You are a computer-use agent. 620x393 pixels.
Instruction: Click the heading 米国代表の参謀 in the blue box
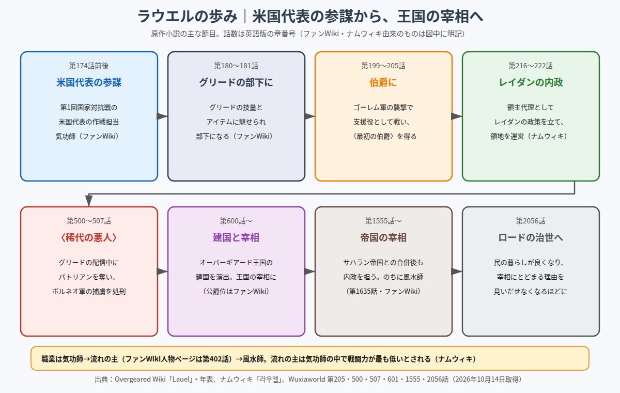(89, 82)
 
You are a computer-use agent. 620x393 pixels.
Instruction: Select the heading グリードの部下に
(236, 82)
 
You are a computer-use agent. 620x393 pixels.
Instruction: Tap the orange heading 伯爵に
(383, 82)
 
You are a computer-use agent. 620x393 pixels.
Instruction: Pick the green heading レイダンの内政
(531, 82)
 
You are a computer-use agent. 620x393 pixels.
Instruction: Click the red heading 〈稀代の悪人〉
(89, 237)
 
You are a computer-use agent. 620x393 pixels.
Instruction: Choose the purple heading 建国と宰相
(236, 237)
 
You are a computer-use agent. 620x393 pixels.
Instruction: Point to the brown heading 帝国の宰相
(383, 237)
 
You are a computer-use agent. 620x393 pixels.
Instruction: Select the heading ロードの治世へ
(531, 237)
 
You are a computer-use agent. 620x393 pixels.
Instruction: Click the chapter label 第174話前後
(89, 66)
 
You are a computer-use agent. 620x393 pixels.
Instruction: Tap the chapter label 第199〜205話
(383, 66)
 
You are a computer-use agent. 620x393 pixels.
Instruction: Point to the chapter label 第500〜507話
(89, 221)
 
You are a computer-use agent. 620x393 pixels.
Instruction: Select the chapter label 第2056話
(531, 221)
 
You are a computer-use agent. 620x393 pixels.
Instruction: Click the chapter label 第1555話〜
(383, 221)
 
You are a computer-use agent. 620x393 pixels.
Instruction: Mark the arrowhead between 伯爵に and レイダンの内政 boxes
(457, 116)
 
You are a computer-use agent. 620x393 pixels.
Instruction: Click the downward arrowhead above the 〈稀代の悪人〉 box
(89, 201)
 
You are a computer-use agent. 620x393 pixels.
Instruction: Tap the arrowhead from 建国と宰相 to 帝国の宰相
(309, 271)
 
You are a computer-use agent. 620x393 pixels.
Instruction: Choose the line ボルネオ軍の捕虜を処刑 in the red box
(89, 291)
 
